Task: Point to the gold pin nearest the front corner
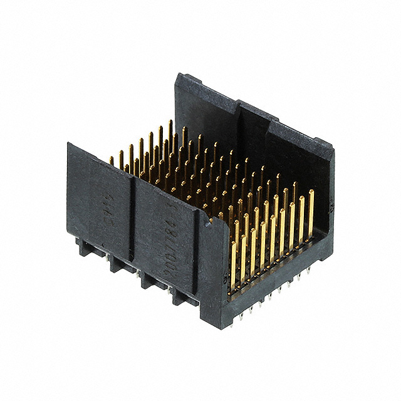pyautogui.click(x=234, y=263)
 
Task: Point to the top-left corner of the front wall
pyautogui.click(x=69, y=145)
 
